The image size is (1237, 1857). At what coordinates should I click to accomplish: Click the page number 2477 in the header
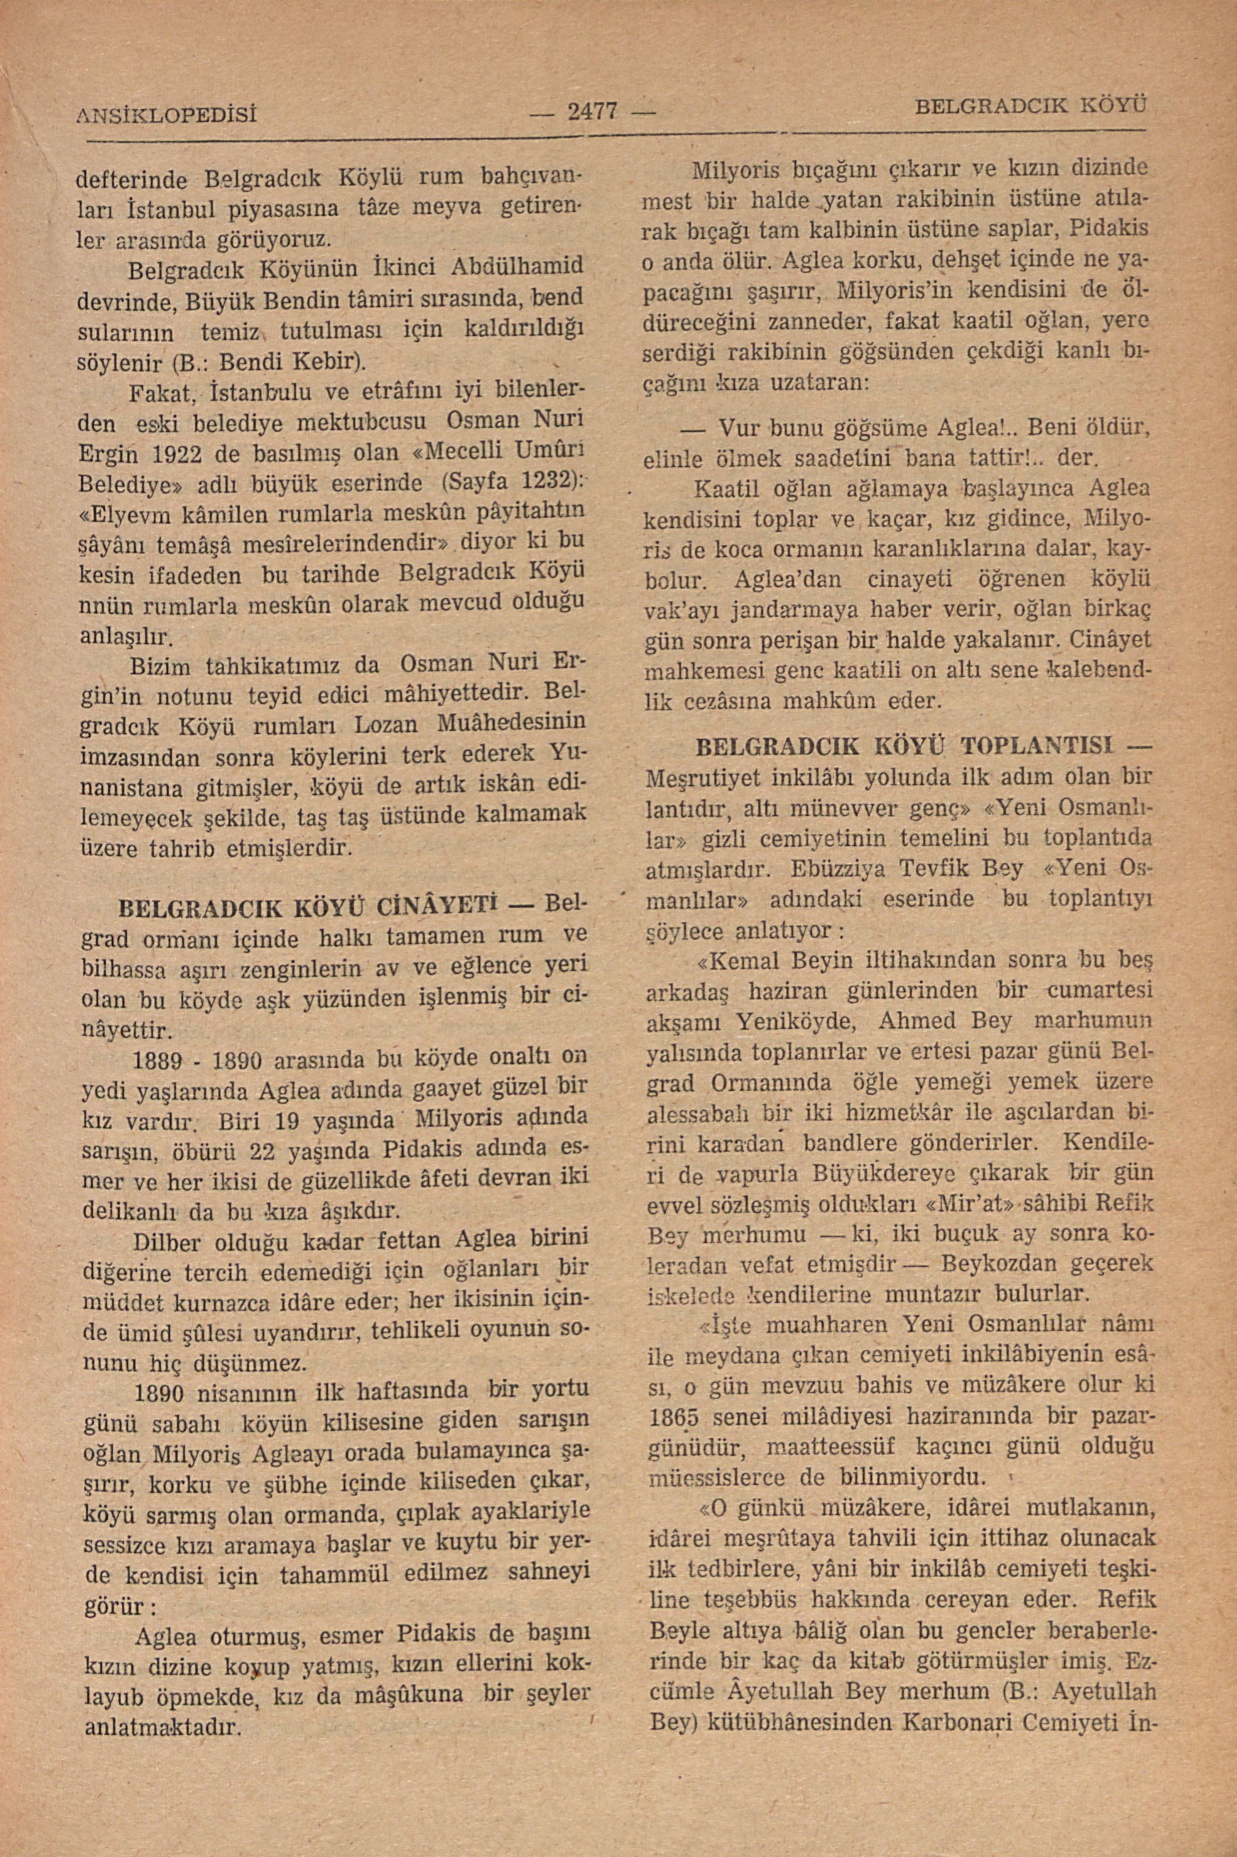click(591, 111)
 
